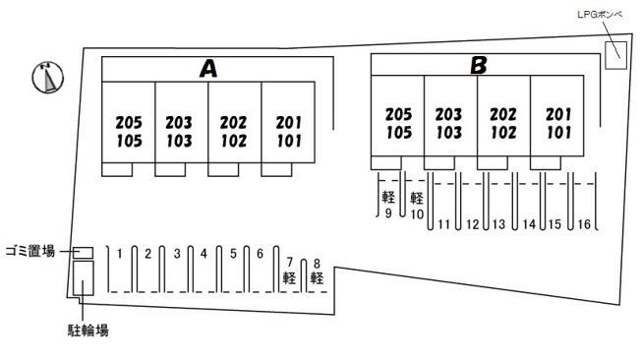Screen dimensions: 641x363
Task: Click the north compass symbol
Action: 48,77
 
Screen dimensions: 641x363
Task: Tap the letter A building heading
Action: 208,68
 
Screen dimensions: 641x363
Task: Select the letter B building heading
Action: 479,65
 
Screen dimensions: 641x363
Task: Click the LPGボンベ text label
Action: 600,15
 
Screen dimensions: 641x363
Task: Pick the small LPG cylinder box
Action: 615,55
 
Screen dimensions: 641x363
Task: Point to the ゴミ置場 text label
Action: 30,251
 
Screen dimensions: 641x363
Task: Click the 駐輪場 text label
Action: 88,330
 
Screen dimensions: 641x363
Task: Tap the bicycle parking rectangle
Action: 84,278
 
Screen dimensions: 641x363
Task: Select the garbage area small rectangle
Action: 83,253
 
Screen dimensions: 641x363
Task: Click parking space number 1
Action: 119,254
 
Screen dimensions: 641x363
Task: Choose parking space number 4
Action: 204,254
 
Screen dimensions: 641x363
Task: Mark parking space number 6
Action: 260,254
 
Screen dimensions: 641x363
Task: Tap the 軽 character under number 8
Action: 317,278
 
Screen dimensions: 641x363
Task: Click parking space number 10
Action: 417,214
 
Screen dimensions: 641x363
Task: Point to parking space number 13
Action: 498,224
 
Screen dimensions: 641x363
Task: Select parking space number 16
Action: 584,224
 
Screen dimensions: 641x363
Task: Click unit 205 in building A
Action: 129,122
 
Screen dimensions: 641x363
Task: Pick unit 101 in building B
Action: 558,133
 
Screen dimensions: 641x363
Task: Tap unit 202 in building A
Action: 233,122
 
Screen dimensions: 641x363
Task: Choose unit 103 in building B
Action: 449,133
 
